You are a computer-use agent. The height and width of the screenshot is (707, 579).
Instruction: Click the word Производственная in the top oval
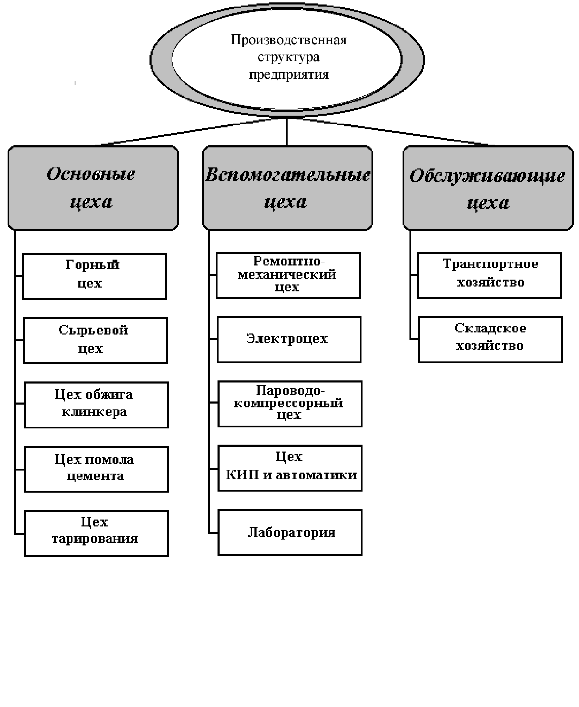[288, 40]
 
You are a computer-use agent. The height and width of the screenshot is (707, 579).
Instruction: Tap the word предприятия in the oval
[289, 75]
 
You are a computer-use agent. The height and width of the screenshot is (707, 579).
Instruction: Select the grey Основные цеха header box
[93, 188]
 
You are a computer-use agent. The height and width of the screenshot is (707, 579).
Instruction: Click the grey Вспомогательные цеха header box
[287, 188]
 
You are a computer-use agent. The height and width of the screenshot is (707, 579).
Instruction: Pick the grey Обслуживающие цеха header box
[488, 188]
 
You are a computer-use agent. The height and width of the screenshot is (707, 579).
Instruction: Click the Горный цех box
[94, 276]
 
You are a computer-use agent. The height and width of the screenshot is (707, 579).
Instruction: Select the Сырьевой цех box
[95, 340]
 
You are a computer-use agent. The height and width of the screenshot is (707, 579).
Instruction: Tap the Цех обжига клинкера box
[96, 405]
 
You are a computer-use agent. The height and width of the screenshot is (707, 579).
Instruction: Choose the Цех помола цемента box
[96, 469]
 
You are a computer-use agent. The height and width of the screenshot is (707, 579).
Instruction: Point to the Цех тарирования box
[96, 533]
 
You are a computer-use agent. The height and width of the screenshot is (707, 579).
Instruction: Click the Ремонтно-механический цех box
[288, 275]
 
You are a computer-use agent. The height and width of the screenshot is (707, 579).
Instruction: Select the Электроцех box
[289, 339]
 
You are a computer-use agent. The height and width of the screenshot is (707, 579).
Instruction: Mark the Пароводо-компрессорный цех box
[290, 404]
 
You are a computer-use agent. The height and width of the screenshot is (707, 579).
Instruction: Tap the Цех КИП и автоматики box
[290, 468]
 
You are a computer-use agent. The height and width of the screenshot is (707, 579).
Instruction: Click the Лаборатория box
[290, 532]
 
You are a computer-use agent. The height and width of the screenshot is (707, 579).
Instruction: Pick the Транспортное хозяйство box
[489, 275]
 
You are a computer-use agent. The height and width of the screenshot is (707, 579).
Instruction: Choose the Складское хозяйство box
[490, 339]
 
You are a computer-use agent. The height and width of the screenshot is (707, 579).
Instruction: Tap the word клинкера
[94, 412]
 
